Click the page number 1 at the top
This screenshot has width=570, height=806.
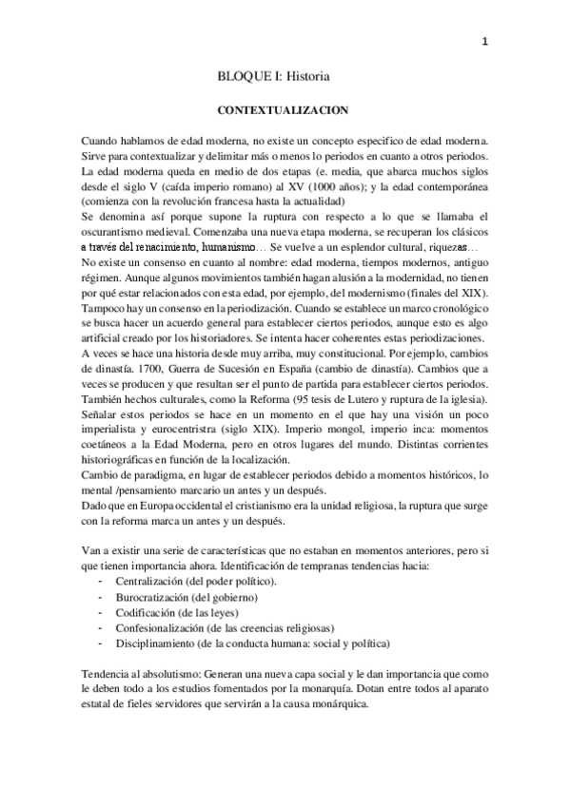point(485,41)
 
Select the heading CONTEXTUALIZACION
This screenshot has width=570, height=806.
point(283,109)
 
